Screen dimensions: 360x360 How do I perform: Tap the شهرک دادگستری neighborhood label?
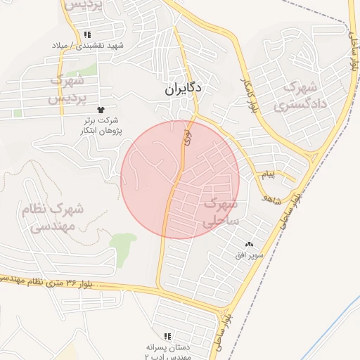pos(300,97)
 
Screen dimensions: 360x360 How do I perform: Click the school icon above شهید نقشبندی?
pos(87,34)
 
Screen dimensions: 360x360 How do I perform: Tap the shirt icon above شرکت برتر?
pos(101,110)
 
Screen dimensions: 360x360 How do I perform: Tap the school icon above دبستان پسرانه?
pos(167,337)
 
